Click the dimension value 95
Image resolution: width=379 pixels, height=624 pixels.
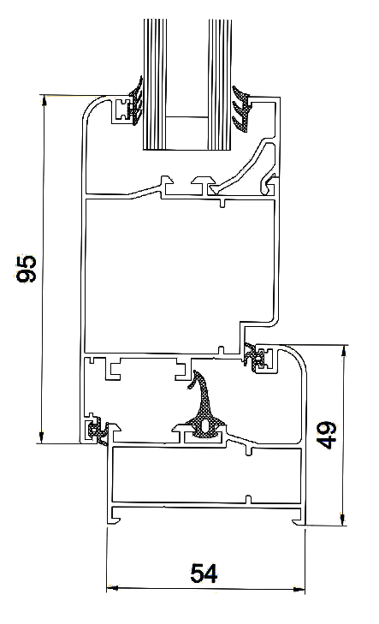[27, 269]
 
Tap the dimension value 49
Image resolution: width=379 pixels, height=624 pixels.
[326, 435]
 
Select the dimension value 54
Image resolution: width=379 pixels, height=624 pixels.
[204, 573]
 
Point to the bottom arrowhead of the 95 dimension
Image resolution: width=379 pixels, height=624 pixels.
[40, 437]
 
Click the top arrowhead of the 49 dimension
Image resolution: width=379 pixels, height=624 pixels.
[345, 351]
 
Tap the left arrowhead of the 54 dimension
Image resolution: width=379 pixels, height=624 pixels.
[113, 588]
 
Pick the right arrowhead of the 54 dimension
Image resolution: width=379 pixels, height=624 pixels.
[299, 590]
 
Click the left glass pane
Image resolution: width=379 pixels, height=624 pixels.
[154, 85]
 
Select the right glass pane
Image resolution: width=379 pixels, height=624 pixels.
[220, 85]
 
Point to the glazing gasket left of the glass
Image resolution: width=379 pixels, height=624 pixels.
[137, 102]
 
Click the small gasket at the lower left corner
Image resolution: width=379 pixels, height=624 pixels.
[98, 431]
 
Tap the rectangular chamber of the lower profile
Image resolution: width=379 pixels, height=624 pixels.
[206, 475]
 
